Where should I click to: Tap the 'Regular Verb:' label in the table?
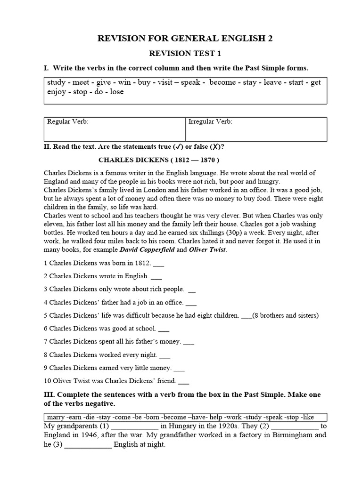coord(68,122)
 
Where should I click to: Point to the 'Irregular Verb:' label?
coord(210,122)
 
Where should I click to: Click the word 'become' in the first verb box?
coord(222,82)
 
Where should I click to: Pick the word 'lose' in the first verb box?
coord(116,92)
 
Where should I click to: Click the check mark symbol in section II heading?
coord(179,147)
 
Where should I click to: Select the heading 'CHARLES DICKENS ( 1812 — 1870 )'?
coord(159,160)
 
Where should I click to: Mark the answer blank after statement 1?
coord(159,264)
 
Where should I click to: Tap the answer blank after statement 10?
coord(183,382)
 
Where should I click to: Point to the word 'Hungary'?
coord(181,426)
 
